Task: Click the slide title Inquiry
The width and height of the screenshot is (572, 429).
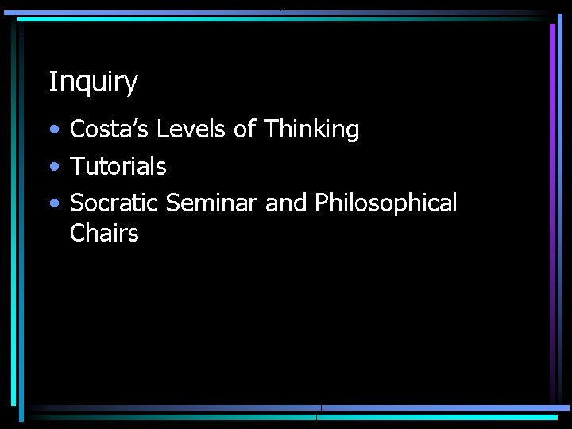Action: coord(93,82)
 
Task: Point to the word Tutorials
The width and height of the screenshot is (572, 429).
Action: coord(118,166)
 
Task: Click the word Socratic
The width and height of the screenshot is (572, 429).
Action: coord(114,203)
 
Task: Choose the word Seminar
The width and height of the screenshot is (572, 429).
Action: coord(211,203)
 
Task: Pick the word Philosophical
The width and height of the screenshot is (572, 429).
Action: coord(385,204)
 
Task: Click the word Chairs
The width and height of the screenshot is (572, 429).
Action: coord(104,233)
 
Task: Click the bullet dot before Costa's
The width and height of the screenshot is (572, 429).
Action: coord(52,130)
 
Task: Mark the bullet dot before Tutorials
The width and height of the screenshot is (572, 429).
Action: coord(52,168)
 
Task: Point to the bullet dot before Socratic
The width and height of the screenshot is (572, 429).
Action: coord(52,205)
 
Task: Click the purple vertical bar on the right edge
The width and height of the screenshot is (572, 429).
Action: coord(552,207)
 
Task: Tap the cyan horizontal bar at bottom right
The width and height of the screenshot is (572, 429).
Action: coord(437,416)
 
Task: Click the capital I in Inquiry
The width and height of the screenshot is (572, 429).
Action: coord(52,81)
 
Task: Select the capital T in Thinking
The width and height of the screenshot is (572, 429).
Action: coord(271,129)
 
